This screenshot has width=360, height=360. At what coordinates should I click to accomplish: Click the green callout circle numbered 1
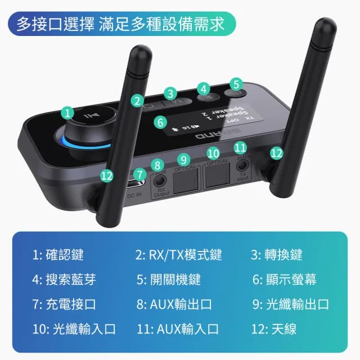(68, 112)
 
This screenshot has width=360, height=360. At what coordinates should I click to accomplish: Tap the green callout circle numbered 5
(236, 84)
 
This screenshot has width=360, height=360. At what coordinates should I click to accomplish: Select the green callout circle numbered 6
(161, 121)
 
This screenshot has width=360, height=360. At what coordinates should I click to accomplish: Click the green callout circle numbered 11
(241, 147)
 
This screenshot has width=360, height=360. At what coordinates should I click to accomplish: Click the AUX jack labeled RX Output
(160, 181)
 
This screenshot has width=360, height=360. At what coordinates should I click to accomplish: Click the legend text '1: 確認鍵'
(58, 255)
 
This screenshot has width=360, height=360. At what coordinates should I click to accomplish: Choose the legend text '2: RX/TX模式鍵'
(178, 255)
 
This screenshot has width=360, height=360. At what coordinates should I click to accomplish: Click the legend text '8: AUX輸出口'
(174, 304)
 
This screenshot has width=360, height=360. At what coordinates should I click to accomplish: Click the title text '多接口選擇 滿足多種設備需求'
(120, 24)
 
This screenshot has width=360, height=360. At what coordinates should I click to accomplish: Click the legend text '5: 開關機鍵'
(168, 280)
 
